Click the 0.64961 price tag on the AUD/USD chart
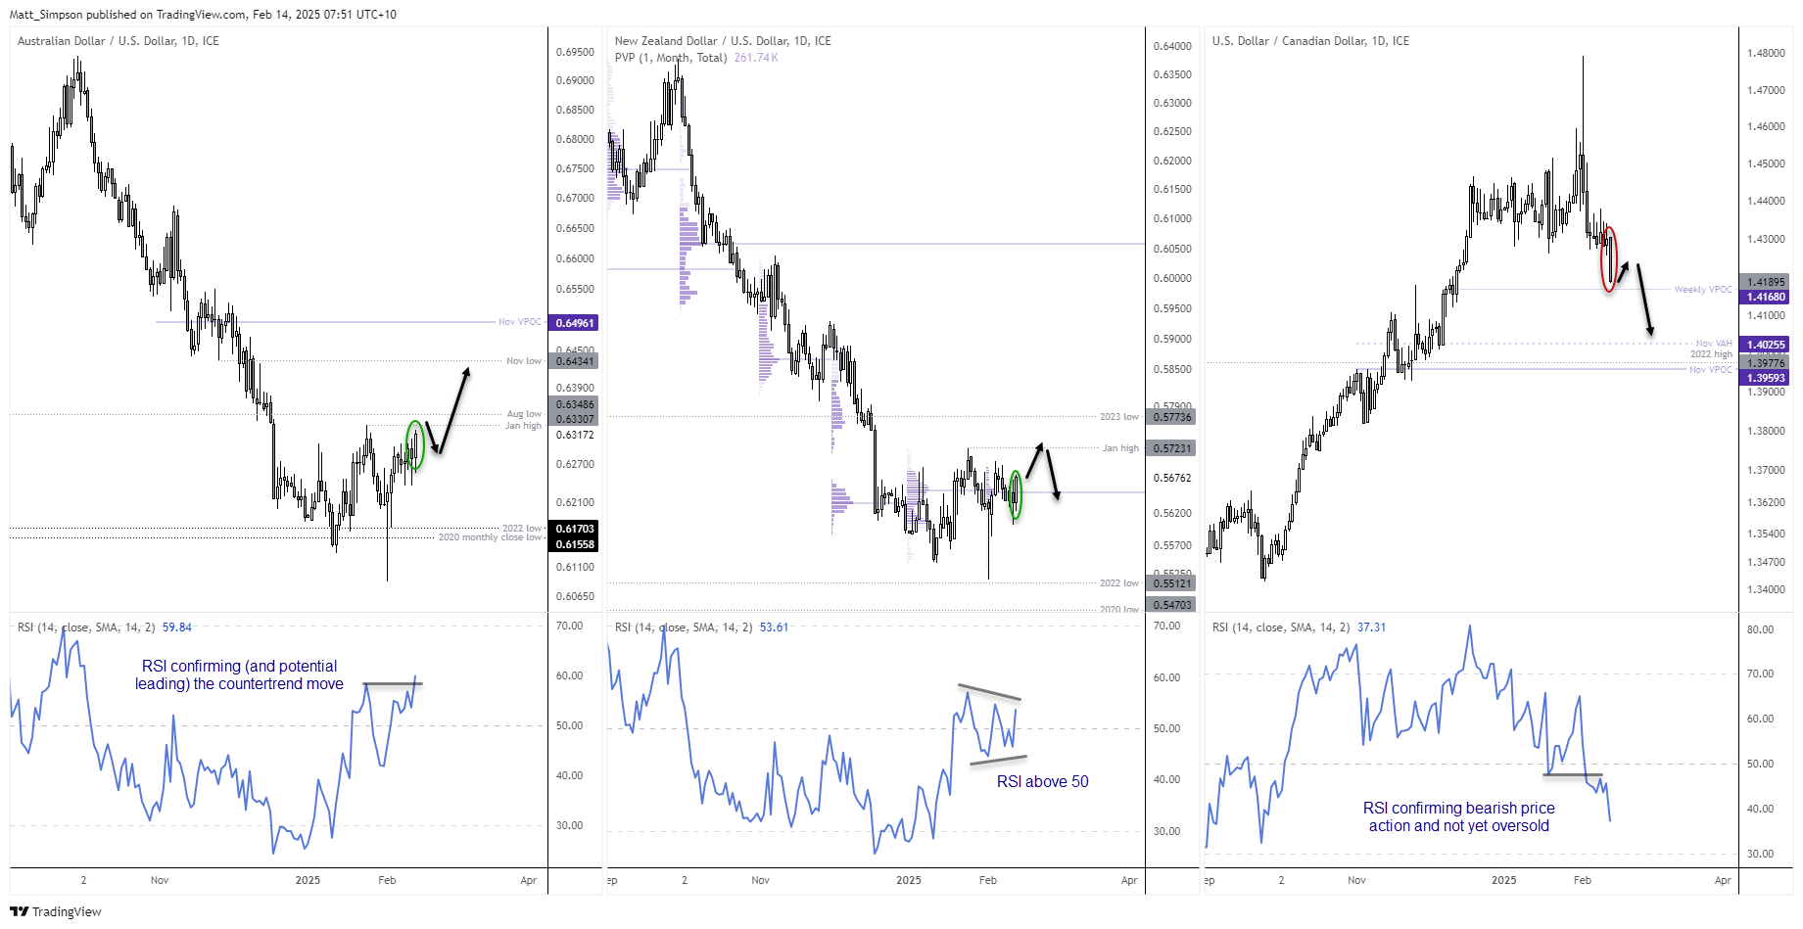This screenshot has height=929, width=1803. (x=575, y=323)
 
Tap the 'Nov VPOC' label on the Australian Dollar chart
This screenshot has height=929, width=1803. (x=519, y=322)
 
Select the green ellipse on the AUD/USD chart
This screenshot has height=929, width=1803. (x=415, y=445)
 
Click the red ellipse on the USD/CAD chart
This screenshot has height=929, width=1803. (x=1608, y=259)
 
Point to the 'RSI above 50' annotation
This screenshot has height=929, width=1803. (x=1042, y=781)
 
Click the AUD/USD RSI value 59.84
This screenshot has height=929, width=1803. (x=177, y=627)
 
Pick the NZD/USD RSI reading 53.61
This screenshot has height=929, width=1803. (x=774, y=627)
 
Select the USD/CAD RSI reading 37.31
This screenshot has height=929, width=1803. (x=1371, y=627)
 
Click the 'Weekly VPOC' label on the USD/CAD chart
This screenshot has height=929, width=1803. (x=1702, y=290)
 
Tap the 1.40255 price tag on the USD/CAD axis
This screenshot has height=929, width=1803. (x=1766, y=345)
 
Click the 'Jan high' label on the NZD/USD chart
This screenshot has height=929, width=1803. (x=1120, y=448)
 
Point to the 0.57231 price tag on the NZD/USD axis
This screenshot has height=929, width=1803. (x=1172, y=448)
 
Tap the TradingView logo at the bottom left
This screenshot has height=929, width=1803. (x=56, y=911)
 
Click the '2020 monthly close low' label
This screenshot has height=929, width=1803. (x=490, y=537)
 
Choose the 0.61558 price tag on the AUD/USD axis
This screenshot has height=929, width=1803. (x=575, y=544)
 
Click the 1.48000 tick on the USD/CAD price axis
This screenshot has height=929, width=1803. (x=1766, y=54)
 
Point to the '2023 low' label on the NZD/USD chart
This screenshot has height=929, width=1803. (x=1118, y=417)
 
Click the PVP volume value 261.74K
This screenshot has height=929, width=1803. (x=756, y=58)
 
